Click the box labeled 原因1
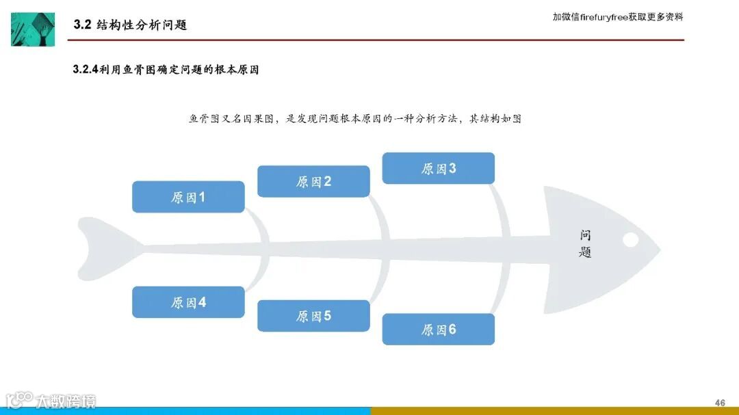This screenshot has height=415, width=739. pos(188,197)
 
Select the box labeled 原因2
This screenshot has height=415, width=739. pos(313,181)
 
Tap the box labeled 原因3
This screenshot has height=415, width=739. pos(438,168)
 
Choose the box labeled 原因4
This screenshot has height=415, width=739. pos(188,302)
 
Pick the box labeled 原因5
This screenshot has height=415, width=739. pos(313,316)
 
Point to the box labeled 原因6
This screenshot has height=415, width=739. pos(438,330)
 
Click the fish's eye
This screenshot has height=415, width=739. pos(630,239)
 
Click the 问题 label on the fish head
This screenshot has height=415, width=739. pos(585,244)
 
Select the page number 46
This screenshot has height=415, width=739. pos(719,401)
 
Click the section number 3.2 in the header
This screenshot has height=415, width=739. pos(82,25)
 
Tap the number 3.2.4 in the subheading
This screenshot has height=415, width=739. pos(86,70)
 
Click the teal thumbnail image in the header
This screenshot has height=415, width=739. pos(33,29)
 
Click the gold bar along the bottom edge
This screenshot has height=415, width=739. pos(554,411)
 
